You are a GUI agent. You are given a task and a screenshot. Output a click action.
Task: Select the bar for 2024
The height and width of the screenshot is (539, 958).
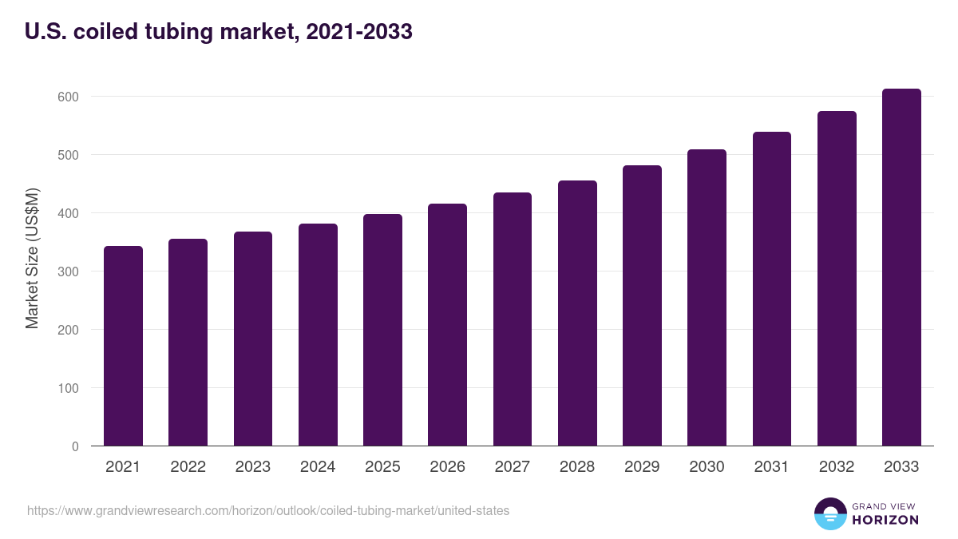[x=318, y=335]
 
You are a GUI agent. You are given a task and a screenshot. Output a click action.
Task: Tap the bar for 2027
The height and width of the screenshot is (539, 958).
[x=513, y=319]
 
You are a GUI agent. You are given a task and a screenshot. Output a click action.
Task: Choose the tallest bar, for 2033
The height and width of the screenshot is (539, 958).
[x=901, y=268]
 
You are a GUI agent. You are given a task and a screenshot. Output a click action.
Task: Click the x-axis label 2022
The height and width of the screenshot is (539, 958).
[x=188, y=467]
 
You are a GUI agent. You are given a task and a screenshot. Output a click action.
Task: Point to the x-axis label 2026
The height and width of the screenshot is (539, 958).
[x=447, y=467]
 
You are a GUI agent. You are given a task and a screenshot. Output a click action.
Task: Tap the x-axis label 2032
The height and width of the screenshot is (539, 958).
[x=837, y=467]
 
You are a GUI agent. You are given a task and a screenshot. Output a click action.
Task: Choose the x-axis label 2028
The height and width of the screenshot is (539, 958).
[x=577, y=467]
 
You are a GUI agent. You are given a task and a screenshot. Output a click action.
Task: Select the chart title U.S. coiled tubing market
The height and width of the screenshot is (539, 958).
[x=160, y=32]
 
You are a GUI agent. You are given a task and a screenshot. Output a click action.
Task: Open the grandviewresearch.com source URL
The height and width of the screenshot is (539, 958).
[x=267, y=510]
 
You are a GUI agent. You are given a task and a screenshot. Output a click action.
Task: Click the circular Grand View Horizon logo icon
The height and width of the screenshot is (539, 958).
[x=829, y=513]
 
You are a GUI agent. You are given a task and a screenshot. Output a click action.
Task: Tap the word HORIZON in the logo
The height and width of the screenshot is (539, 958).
[x=885, y=520]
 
